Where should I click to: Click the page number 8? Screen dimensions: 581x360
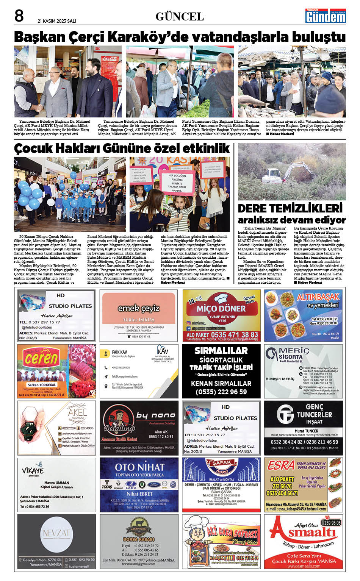coord(19,16)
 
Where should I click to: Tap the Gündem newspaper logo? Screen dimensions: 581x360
coord(326,16)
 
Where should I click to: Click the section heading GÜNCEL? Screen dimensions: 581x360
coord(180,17)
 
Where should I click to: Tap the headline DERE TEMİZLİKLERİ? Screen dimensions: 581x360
coord(290,208)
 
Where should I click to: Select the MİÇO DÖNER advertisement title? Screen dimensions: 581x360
coord(221,308)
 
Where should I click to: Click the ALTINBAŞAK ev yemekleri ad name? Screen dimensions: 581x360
coord(318,297)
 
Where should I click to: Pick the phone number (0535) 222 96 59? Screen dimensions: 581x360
coord(221,392)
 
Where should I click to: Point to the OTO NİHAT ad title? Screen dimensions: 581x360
coord(139,467)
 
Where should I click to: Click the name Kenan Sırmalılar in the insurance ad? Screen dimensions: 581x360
coord(221,383)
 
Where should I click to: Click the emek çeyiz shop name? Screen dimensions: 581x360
coord(139,308)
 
